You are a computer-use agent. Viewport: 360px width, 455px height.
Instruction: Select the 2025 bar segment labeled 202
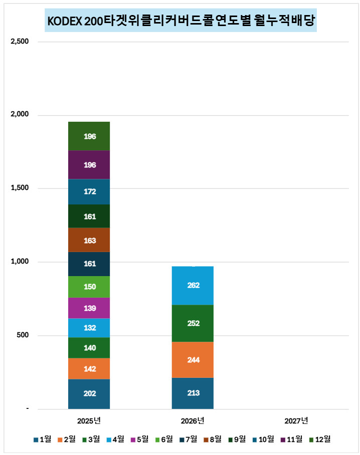tap(89, 393)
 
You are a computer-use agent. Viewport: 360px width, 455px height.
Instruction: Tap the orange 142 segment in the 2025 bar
tap(89, 369)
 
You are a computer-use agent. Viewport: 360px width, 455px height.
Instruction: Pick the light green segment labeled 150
tap(89, 287)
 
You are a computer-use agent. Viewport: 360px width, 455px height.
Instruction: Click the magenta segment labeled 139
tap(89, 308)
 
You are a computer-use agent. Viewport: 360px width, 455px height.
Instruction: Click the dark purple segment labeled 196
tap(89, 165)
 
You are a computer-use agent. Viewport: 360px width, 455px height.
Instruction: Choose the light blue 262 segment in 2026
tap(193, 285)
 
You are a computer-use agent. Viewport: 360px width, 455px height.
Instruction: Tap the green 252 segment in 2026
tap(193, 323)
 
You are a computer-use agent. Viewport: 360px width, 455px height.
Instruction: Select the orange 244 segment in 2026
tap(193, 359)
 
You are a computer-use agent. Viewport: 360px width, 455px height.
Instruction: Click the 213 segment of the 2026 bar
tap(193, 393)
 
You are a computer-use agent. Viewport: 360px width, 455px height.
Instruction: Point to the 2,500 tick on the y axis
tap(20, 42)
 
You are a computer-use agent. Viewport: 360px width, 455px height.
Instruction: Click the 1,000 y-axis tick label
tap(20, 262)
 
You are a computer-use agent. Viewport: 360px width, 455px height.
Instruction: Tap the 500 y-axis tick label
tap(23, 335)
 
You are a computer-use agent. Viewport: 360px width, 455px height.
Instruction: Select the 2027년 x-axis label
tap(296, 420)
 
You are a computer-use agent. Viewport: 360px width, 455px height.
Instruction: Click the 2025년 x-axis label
tap(89, 420)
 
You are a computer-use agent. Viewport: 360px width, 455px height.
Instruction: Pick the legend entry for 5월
tap(139, 439)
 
